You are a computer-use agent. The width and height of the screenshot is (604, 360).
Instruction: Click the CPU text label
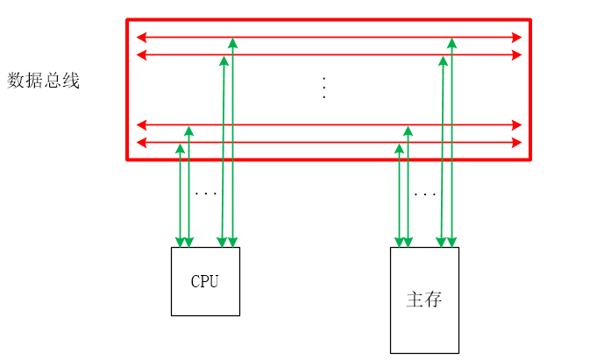[204, 282]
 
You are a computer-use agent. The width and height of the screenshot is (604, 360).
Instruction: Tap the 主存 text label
[424, 300]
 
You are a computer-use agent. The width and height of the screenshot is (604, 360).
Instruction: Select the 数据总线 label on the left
[44, 81]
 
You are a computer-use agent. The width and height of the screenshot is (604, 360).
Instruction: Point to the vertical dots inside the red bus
[324, 88]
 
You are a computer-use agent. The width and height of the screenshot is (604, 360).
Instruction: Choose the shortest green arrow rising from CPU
[180, 197]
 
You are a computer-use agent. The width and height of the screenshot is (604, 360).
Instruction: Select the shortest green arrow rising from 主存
[399, 197]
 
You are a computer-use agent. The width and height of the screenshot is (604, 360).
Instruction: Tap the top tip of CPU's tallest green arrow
[232, 40]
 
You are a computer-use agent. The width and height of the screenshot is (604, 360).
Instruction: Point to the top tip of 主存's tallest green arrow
[451, 40]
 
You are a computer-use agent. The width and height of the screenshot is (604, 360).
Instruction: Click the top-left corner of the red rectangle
[128, 20]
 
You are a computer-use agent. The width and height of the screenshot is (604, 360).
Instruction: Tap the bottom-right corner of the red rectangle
[530, 159]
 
